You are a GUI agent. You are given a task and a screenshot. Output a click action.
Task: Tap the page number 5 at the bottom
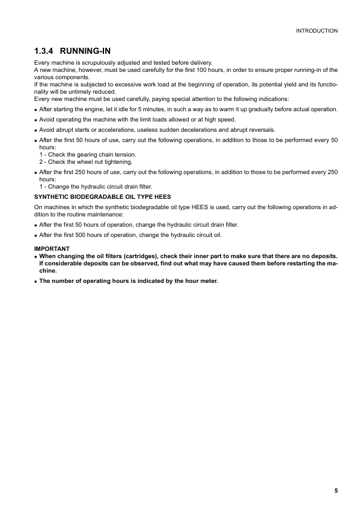(x=335, y=491)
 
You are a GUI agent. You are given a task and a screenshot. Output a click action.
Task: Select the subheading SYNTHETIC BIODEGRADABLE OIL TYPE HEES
(x=102, y=197)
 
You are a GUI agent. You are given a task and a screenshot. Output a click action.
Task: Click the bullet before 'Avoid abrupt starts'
(x=36, y=130)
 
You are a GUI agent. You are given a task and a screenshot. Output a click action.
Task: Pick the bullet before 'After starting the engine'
(x=36, y=109)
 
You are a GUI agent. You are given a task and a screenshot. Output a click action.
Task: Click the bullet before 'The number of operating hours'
(x=36, y=281)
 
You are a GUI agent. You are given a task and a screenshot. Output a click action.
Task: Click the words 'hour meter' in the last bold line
(x=201, y=280)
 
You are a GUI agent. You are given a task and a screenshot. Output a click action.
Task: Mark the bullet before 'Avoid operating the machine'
(x=36, y=120)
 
